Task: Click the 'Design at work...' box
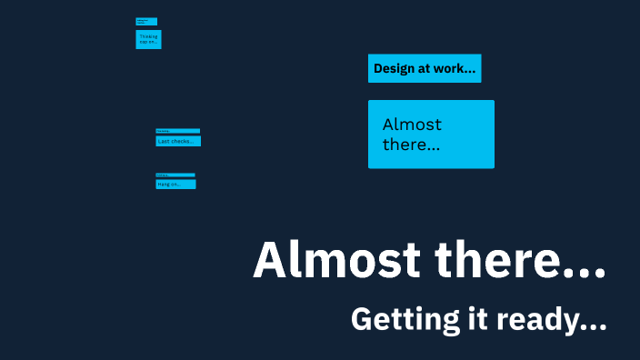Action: pos(425,68)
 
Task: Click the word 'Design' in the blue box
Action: pos(395,68)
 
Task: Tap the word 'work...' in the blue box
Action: pos(457,68)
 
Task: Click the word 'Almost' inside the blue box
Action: pos(412,125)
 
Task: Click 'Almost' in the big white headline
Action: pos(336,261)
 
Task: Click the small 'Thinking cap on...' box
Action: pos(148,39)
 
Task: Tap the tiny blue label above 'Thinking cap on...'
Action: pos(146,21)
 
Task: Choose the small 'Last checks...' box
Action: pos(178,141)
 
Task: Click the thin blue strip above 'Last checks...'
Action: pos(177,131)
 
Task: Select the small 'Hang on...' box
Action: pos(175,184)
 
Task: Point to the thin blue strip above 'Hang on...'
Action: pos(175,175)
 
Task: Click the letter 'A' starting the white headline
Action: pos(270,261)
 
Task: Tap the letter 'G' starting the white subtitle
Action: pos(361,320)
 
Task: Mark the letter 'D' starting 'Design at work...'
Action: pos(378,68)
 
